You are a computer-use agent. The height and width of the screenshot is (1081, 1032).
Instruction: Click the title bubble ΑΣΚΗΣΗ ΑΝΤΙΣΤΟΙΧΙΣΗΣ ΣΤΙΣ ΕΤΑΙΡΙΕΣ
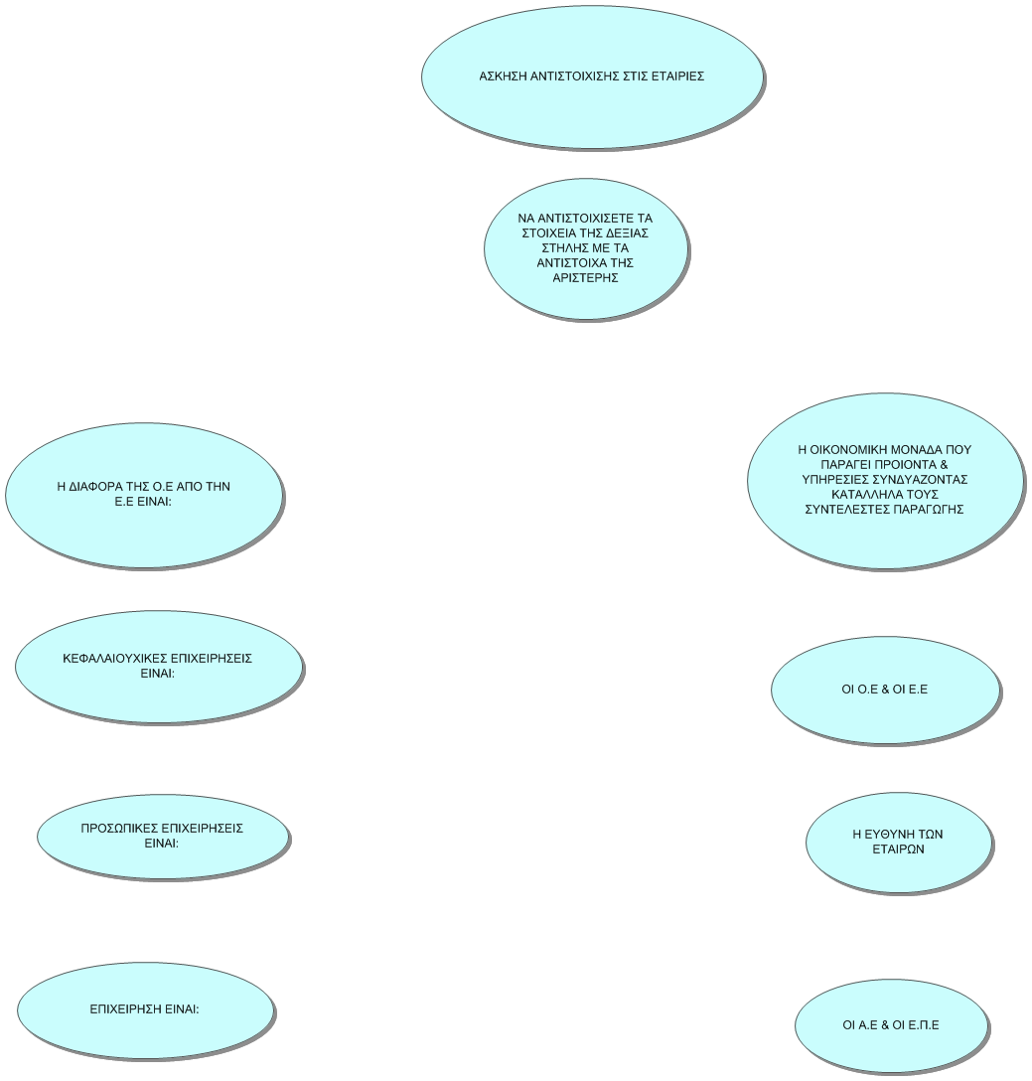click(592, 77)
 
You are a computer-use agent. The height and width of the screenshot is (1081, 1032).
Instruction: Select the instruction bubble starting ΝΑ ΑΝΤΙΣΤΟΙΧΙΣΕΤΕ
click(586, 248)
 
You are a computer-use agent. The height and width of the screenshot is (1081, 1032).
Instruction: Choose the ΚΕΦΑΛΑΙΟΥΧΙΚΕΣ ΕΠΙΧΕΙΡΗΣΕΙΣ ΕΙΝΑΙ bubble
click(159, 667)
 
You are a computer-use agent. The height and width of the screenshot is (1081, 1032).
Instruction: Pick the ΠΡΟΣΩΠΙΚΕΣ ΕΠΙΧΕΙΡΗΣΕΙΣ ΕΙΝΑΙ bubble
click(163, 837)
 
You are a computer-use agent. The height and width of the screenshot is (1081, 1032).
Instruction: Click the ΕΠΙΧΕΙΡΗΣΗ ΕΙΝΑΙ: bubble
click(145, 1010)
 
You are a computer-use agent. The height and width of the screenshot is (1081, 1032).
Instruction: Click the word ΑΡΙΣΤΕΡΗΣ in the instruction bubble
click(585, 278)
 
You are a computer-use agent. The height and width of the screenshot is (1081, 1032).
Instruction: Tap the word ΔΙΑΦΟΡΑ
click(97, 487)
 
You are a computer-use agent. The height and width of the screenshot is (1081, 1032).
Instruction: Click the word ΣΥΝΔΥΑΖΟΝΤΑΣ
click(921, 479)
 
